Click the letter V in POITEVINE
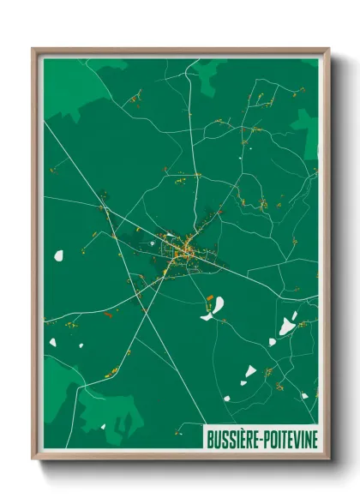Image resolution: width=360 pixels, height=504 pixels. point(294,437)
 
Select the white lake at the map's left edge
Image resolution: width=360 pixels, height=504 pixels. point(59,255)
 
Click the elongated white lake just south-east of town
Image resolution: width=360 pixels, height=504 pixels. point(214,307)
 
